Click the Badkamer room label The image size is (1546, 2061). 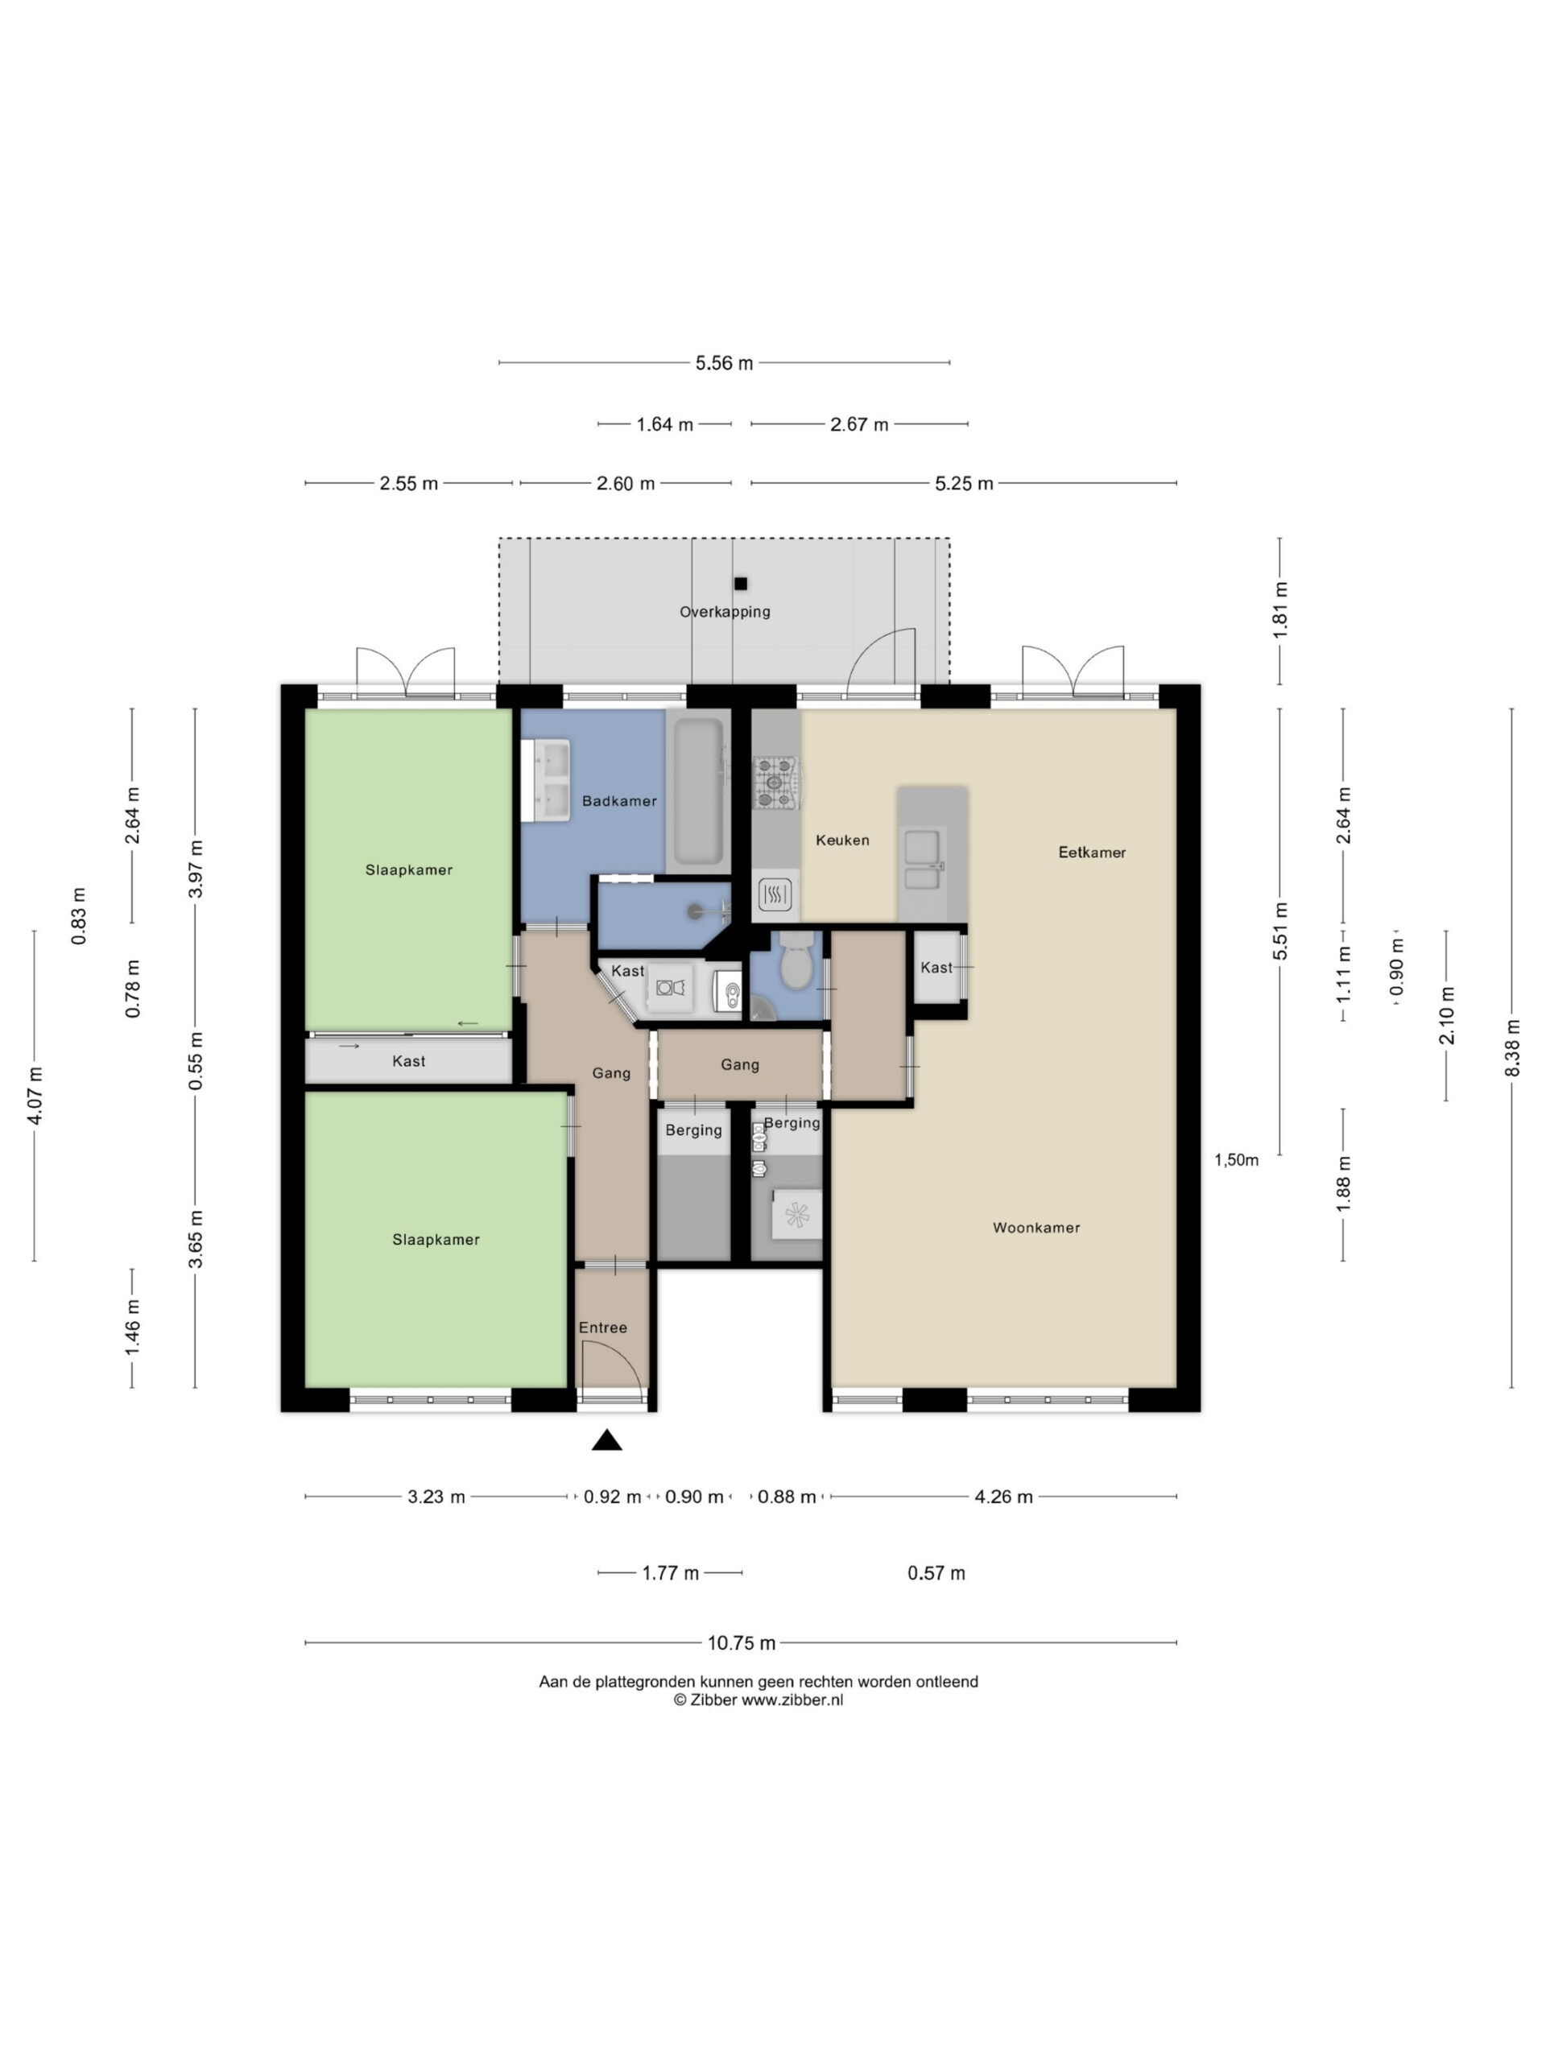[x=618, y=800]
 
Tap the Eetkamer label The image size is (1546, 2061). [x=1091, y=852]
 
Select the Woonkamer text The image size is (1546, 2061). [x=1036, y=1227]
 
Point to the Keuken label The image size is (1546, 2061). [x=842, y=840]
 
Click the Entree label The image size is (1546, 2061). [x=603, y=1327]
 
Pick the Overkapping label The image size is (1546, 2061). [x=725, y=612]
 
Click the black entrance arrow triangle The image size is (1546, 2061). [x=606, y=1440]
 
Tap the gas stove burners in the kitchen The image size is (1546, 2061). [x=776, y=781]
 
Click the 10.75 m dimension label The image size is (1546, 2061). [x=741, y=1642]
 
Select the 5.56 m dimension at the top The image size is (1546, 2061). [x=724, y=362]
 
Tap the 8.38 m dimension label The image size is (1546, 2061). [x=1511, y=1047]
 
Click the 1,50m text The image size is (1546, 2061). [x=1236, y=1160]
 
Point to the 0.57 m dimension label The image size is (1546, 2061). [x=936, y=1573]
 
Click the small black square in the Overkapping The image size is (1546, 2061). [x=741, y=584]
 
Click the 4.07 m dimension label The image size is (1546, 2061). [x=35, y=1096]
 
